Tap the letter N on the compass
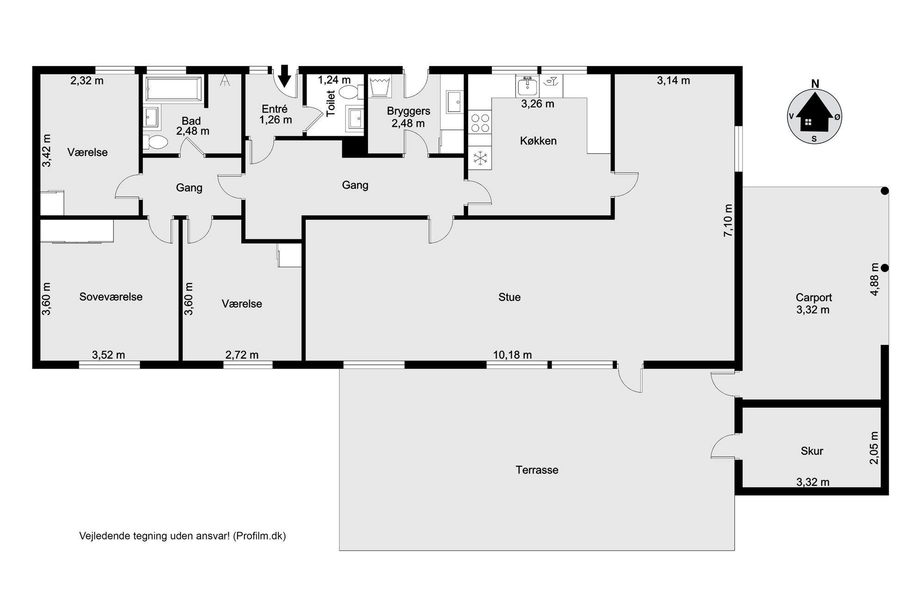(x=815, y=84)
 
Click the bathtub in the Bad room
(x=173, y=89)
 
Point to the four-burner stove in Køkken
(x=480, y=123)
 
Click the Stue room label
(x=509, y=297)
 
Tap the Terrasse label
(x=537, y=470)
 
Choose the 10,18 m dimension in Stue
(x=513, y=355)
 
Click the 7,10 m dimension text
(x=728, y=220)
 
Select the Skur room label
(x=812, y=451)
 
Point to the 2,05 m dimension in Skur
(x=874, y=448)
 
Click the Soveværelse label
(x=111, y=297)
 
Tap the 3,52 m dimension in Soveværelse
(x=109, y=355)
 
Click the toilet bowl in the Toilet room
(x=350, y=92)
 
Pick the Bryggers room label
(x=409, y=111)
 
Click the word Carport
(x=814, y=297)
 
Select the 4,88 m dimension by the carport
(x=874, y=279)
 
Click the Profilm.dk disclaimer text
(x=183, y=536)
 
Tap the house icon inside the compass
(x=815, y=117)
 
